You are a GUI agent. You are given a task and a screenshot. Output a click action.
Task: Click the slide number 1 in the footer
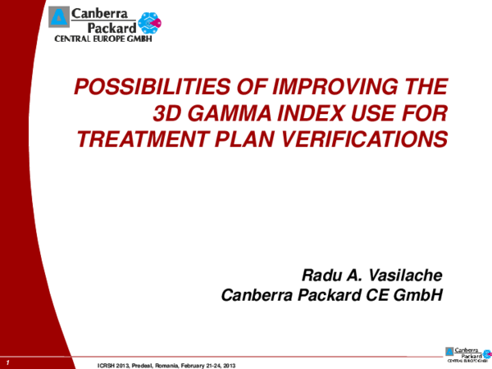pyautogui.click(x=7, y=362)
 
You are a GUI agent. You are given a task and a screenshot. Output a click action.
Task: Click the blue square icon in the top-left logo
pyautogui.click(x=61, y=16)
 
